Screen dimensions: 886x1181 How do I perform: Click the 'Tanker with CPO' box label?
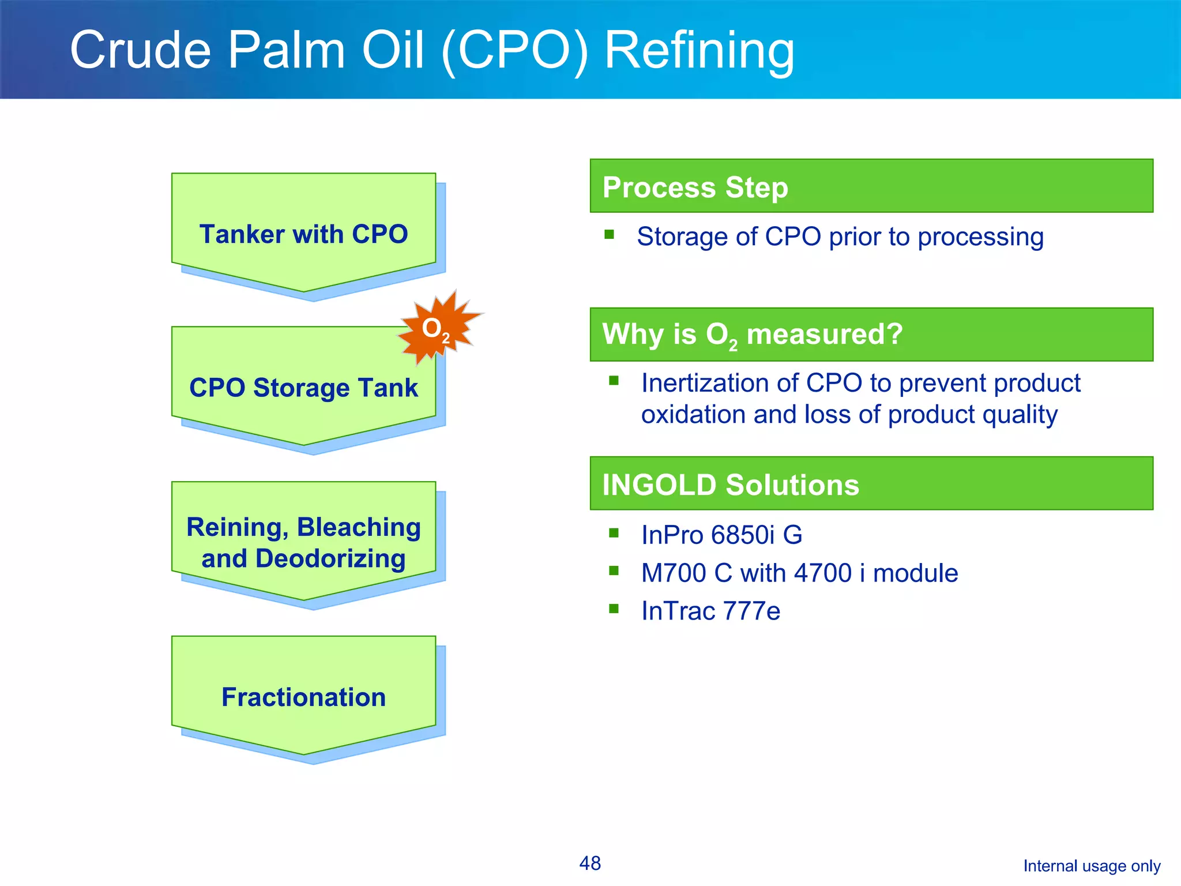click(303, 234)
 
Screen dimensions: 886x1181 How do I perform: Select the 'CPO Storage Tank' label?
click(303, 388)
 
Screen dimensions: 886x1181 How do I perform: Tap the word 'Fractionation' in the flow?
click(303, 697)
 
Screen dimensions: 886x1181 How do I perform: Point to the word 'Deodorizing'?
click(331, 559)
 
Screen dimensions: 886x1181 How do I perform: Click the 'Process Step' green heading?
click(695, 187)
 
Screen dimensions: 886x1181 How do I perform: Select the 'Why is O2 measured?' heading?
click(752, 335)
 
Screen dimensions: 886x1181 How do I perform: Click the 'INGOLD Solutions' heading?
click(730, 485)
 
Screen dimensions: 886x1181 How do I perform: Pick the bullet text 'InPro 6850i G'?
click(721, 535)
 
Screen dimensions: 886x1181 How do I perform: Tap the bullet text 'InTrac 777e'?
click(710, 611)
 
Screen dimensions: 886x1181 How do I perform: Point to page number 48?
click(590, 863)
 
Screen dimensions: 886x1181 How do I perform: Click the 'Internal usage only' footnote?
click(1092, 866)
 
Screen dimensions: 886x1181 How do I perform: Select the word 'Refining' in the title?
click(699, 51)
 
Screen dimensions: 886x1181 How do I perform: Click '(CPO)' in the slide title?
click(515, 51)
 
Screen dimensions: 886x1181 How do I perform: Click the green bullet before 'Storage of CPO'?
click(610, 234)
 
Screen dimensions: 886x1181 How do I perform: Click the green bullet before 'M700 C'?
click(614, 571)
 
